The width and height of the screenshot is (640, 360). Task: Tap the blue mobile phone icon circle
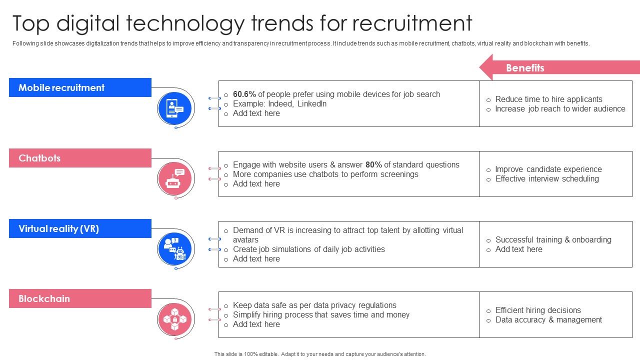point(174,108)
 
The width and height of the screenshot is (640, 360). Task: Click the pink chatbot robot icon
point(174,178)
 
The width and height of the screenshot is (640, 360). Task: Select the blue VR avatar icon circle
point(174,249)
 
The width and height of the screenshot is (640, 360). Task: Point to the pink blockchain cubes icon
point(174,319)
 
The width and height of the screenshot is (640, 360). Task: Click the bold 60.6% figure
point(244,94)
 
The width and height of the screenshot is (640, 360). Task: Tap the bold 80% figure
point(373,164)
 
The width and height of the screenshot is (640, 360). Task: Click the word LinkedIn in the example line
point(311,103)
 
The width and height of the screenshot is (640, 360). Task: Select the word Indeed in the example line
point(280,103)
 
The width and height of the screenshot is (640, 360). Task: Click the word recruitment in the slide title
point(412,23)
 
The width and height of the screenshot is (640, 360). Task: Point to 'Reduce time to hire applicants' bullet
point(548,99)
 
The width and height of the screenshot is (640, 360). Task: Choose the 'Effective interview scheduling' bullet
point(547,178)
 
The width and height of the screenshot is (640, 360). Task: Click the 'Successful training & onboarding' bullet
point(553,239)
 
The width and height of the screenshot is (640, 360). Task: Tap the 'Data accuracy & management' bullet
point(548,319)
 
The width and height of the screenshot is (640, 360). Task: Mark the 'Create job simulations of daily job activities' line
point(308,249)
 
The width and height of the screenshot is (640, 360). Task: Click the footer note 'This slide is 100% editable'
point(320,354)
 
